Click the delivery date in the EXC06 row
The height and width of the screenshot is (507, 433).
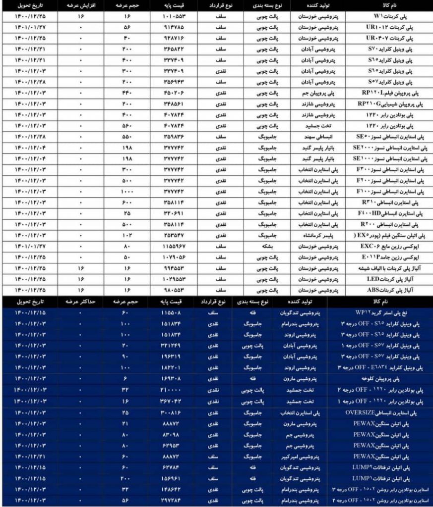[30, 246]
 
